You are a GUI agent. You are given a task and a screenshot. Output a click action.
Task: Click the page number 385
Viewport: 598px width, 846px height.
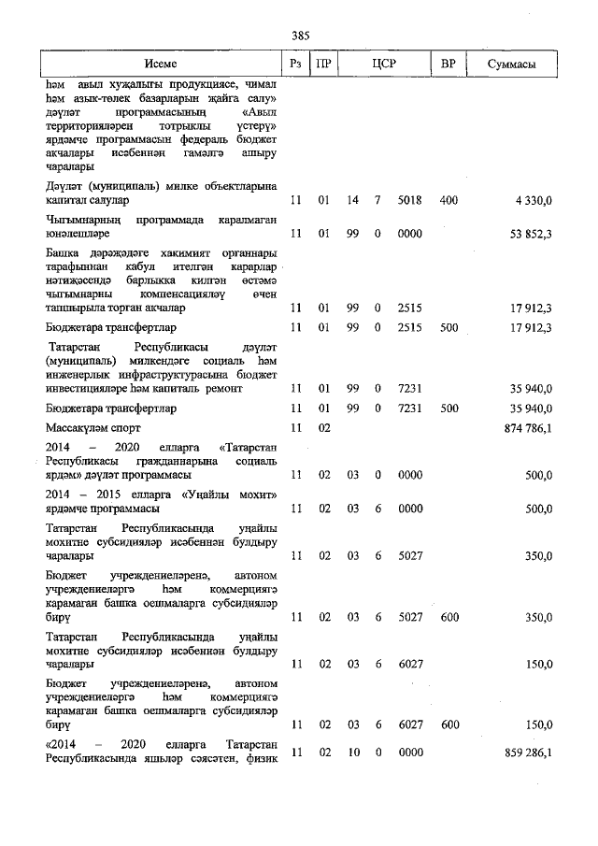point(300,35)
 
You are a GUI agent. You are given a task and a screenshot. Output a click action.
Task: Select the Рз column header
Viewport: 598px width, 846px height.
point(296,64)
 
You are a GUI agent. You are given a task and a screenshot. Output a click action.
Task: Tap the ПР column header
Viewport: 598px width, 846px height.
point(322,64)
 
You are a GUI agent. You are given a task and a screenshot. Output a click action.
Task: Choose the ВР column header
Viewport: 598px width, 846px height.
point(448,64)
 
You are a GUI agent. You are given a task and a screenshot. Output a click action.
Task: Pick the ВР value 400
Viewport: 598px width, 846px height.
point(448,200)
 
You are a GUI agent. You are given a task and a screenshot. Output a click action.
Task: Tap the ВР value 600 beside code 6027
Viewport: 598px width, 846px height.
point(448,724)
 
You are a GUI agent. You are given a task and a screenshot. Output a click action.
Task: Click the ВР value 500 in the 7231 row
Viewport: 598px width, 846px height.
point(448,409)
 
